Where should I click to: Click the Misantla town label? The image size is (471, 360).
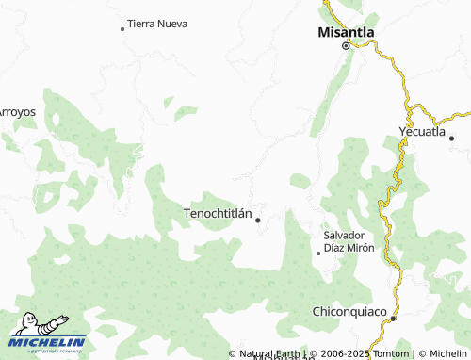(x=346, y=31)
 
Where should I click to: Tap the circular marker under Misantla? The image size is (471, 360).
(x=346, y=45)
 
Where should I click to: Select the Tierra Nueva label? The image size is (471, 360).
(x=157, y=23)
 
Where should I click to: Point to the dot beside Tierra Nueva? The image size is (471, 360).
(x=122, y=29)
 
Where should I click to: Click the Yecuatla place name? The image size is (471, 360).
(x=421, y=131)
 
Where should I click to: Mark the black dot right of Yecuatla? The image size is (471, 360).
(x=451, y=139)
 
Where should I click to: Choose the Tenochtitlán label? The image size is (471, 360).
(x=218, y=214)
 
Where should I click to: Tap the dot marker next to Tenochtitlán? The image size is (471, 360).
(x=258, y=221)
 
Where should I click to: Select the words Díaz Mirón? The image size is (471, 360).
(x=349, y=248)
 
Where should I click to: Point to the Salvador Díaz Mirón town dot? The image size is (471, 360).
(x=318, y=253)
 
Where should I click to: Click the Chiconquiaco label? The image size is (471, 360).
(x=349, y=310)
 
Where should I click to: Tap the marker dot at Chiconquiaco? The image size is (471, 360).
(x=394, y=319)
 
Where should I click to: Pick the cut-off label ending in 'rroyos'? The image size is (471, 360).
(x=17, y=111)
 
